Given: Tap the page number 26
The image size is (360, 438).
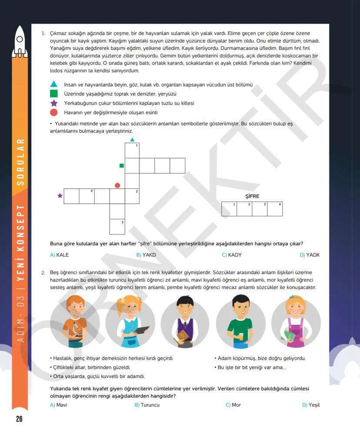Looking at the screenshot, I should click(19, 419).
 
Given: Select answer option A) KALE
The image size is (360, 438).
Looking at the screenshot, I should click(60, 255).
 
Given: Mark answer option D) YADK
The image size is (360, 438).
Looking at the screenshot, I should click(310, 255).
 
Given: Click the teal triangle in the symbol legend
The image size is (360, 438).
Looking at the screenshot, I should click(53, 84).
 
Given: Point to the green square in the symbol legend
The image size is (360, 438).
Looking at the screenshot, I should click(53, 94).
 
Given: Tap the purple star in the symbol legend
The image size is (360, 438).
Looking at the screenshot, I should click(53, 103).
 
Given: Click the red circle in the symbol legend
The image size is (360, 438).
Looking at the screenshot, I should click(53, 113).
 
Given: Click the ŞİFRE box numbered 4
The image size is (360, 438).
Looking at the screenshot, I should click(275, 209).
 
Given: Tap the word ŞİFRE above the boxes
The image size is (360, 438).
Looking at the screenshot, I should click(252, 197).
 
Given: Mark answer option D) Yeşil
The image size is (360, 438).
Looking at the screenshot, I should click(311, 405).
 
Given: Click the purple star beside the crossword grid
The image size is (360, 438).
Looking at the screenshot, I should click(60, 196).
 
